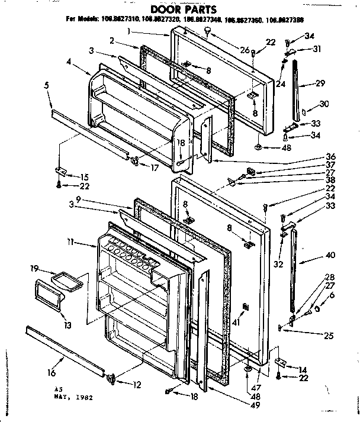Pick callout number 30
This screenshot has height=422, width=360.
(x=323, y=104)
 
